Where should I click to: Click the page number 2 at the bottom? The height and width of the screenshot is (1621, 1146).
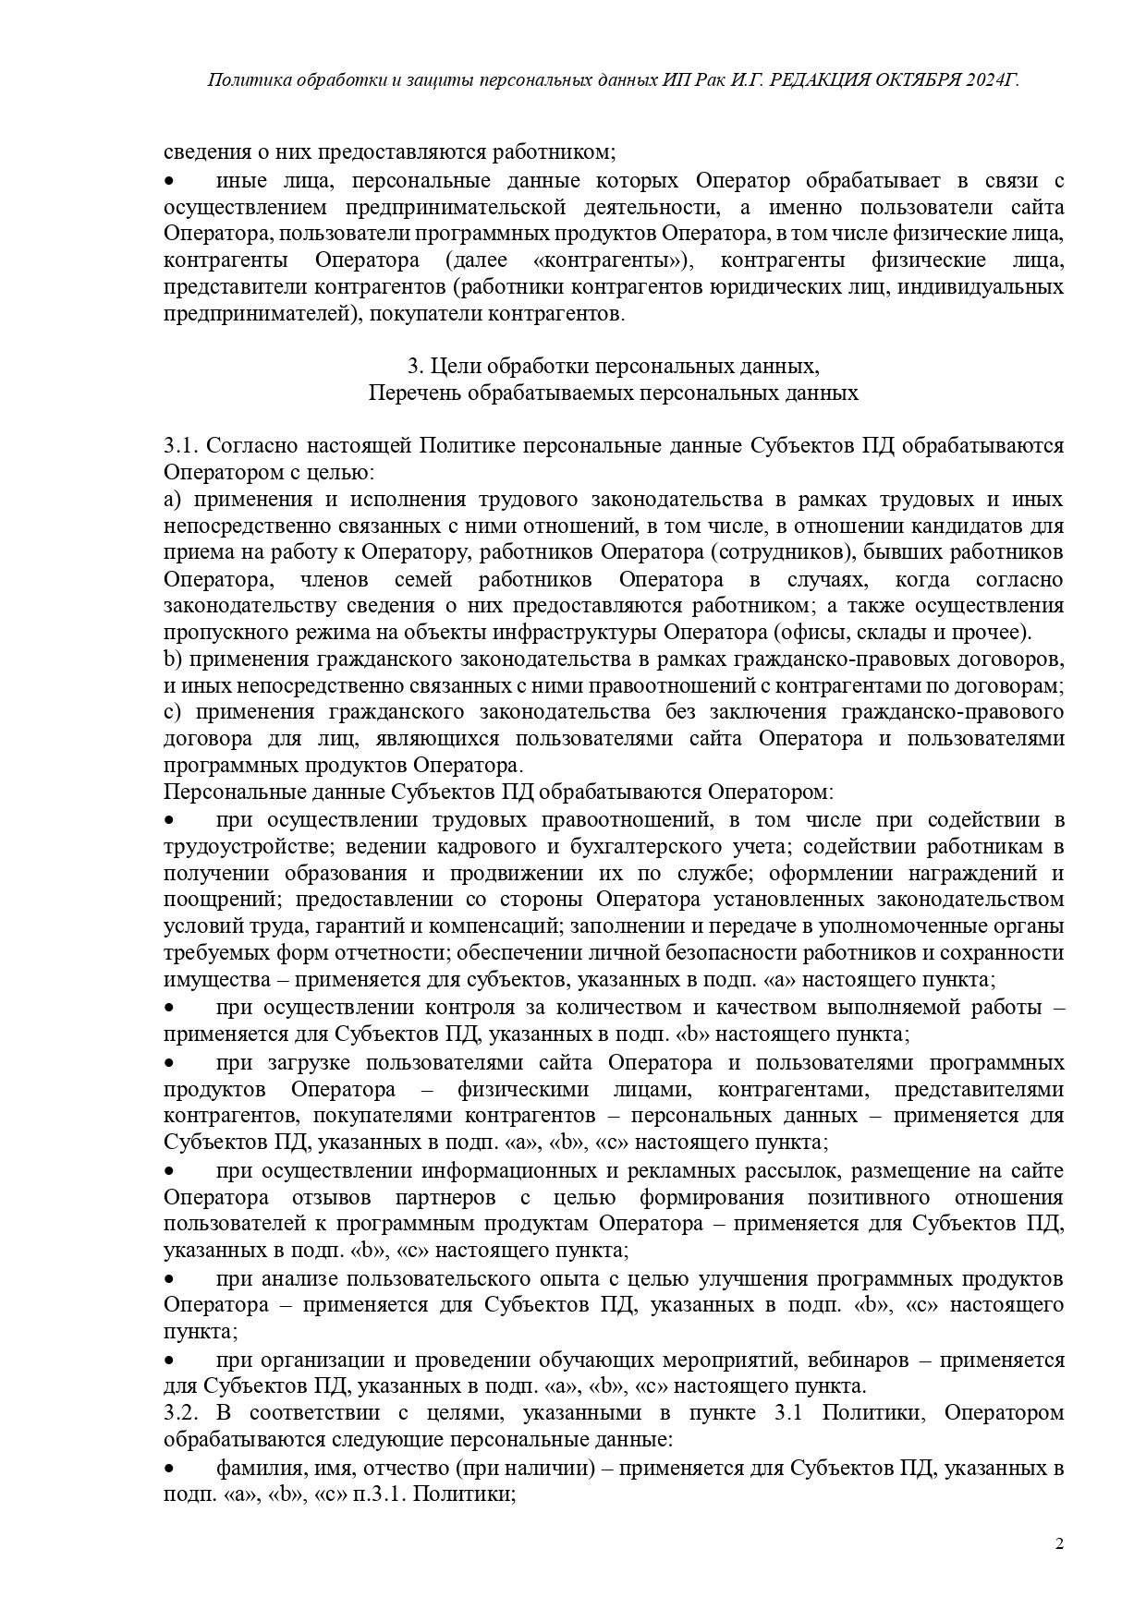pos(1060,1543)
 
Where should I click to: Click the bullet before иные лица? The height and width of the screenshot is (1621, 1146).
pos(169,180)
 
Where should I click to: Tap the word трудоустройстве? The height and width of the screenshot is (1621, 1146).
pos(242,846)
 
